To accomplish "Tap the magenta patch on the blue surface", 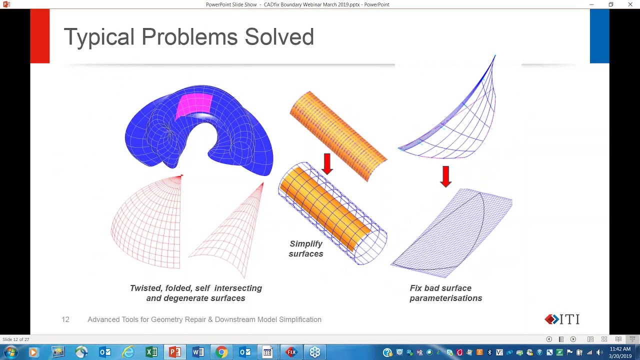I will (194, 104).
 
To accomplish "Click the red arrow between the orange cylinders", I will (327, 164).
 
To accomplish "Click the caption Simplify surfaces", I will (306, 248).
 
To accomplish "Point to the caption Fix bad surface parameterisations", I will (445, 293).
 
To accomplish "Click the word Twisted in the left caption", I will (145, 288).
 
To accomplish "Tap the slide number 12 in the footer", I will (65, 319).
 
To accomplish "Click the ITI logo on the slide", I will (562, 319).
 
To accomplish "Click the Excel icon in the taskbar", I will (151, 352).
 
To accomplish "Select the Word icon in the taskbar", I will (198, 352).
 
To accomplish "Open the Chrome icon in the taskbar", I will (221, 352).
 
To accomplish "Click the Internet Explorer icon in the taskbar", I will (128, 352).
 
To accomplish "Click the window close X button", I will (630, 4).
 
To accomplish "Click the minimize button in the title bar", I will (591, 4).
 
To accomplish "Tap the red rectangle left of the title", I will (40, 36).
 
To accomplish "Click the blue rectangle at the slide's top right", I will (599, 36).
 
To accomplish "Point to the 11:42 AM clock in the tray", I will (620, 349).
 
